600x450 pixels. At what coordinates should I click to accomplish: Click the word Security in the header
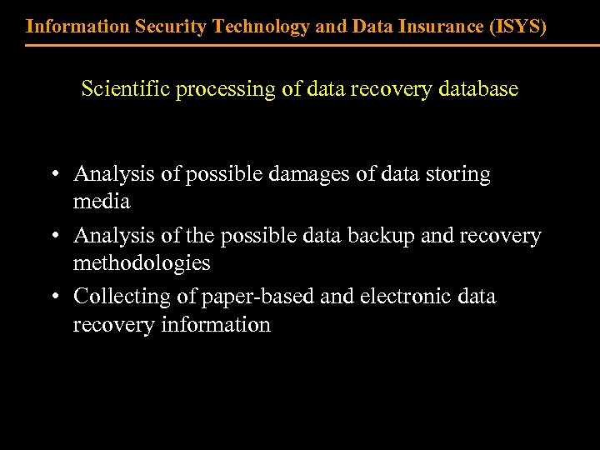(x=173, y=26)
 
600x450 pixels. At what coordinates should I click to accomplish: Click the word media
(x=102, y=202)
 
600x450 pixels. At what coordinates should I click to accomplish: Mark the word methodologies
(x=142, y=263)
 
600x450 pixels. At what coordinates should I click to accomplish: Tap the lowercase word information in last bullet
(x=222, y=324)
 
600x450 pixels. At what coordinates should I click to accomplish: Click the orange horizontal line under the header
(x=300, y=45)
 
